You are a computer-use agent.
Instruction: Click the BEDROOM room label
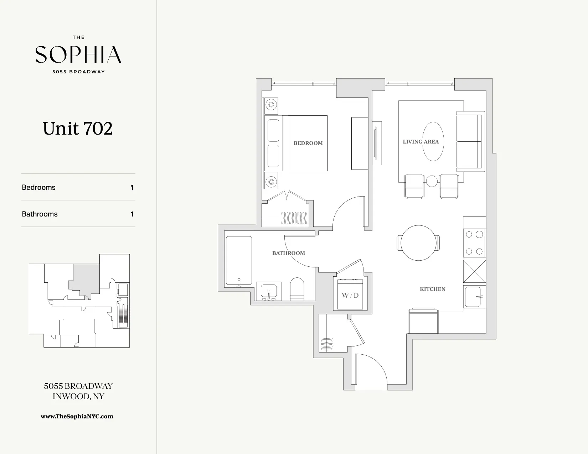[x=308, y=143]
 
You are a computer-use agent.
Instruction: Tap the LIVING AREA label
[x=421, y=142]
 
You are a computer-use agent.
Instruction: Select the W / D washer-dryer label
[x=350, y=296]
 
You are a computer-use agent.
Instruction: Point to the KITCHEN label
[x=432, y=289]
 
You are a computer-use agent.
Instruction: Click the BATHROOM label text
[x=288, y=253]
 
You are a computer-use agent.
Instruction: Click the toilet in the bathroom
[x=297, y=289]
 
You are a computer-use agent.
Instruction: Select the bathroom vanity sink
[x=268, y=291]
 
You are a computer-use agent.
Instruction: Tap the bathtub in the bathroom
[x=239, y=261]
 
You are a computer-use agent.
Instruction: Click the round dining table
[x=418, y=243]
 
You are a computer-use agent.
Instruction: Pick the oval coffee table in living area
[x=433, y=141]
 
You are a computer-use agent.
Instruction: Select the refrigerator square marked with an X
[x=474, y=271]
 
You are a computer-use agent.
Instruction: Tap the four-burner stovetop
[x=474, y=243]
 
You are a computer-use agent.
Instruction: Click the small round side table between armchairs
[x=432, y=181]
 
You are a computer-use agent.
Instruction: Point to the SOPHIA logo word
[x=78, y=54]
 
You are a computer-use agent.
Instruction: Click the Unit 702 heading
[x=78, y=129]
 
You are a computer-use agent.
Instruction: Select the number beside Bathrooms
[x=132, y=214]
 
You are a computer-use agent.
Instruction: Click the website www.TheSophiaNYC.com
[x=77, y=416]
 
